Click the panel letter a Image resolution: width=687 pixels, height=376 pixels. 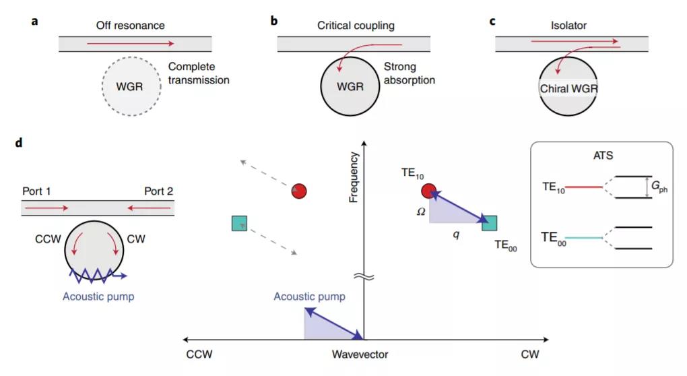[x=34, y=21]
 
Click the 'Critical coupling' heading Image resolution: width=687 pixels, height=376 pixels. [x=356, y=26]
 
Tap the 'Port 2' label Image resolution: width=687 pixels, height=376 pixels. [x=158, y=191]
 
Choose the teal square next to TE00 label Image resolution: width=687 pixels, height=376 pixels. [x=490, y=224]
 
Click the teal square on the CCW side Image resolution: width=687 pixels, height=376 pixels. [x=238, y=223]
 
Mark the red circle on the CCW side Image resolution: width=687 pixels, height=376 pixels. [x=299, y=191]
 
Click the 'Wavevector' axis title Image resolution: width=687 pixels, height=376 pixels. [x=360, y=354]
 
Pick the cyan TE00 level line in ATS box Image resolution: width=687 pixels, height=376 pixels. [x=585, y=238]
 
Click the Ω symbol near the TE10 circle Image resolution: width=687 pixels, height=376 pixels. [x=421, y=211]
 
